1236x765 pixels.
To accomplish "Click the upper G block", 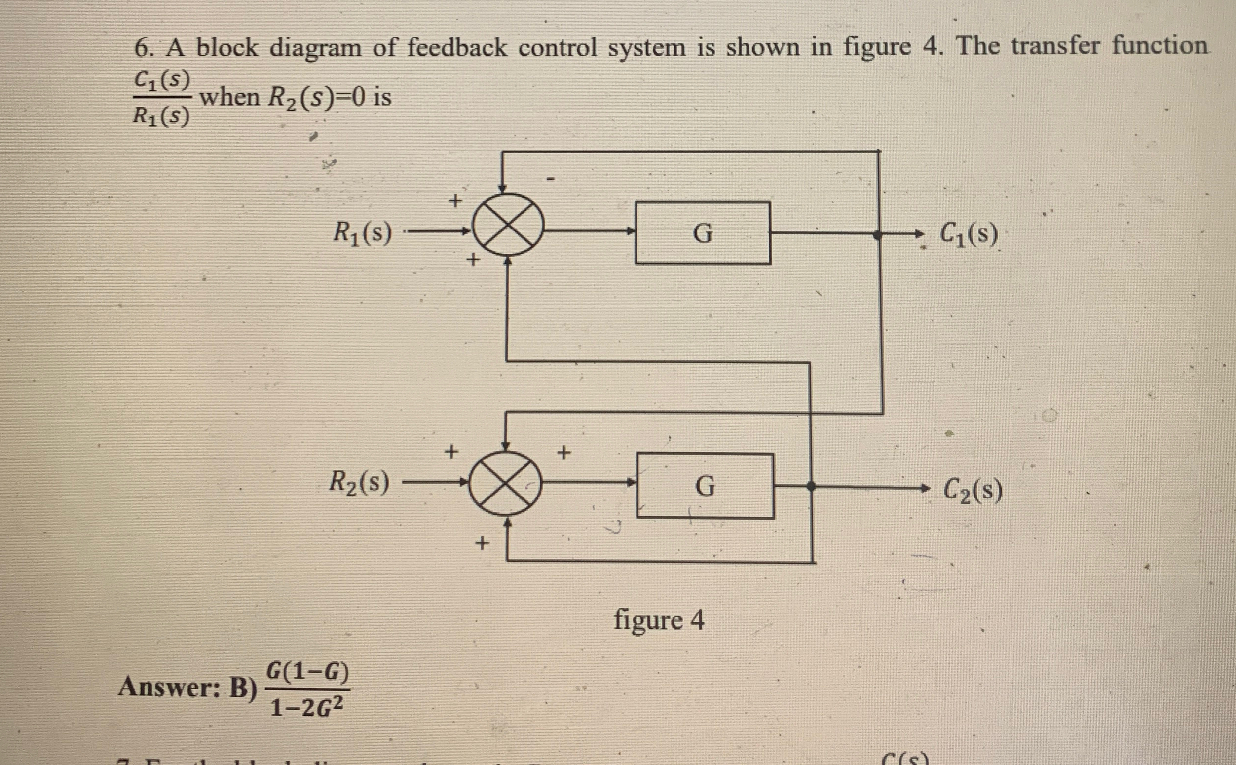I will tap(703, 233).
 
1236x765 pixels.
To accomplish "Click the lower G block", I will tap(705, 486).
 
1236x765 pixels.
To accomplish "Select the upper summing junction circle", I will tap(507, 225).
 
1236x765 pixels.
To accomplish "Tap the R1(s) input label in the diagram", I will tap(362, 234).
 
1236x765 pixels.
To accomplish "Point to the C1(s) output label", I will tap(969, 234).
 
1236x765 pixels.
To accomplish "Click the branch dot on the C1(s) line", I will tap(878, 234).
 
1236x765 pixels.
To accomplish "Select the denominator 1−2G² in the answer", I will tap(307, 707).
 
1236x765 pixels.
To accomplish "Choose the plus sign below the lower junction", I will tap(482, 544).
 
